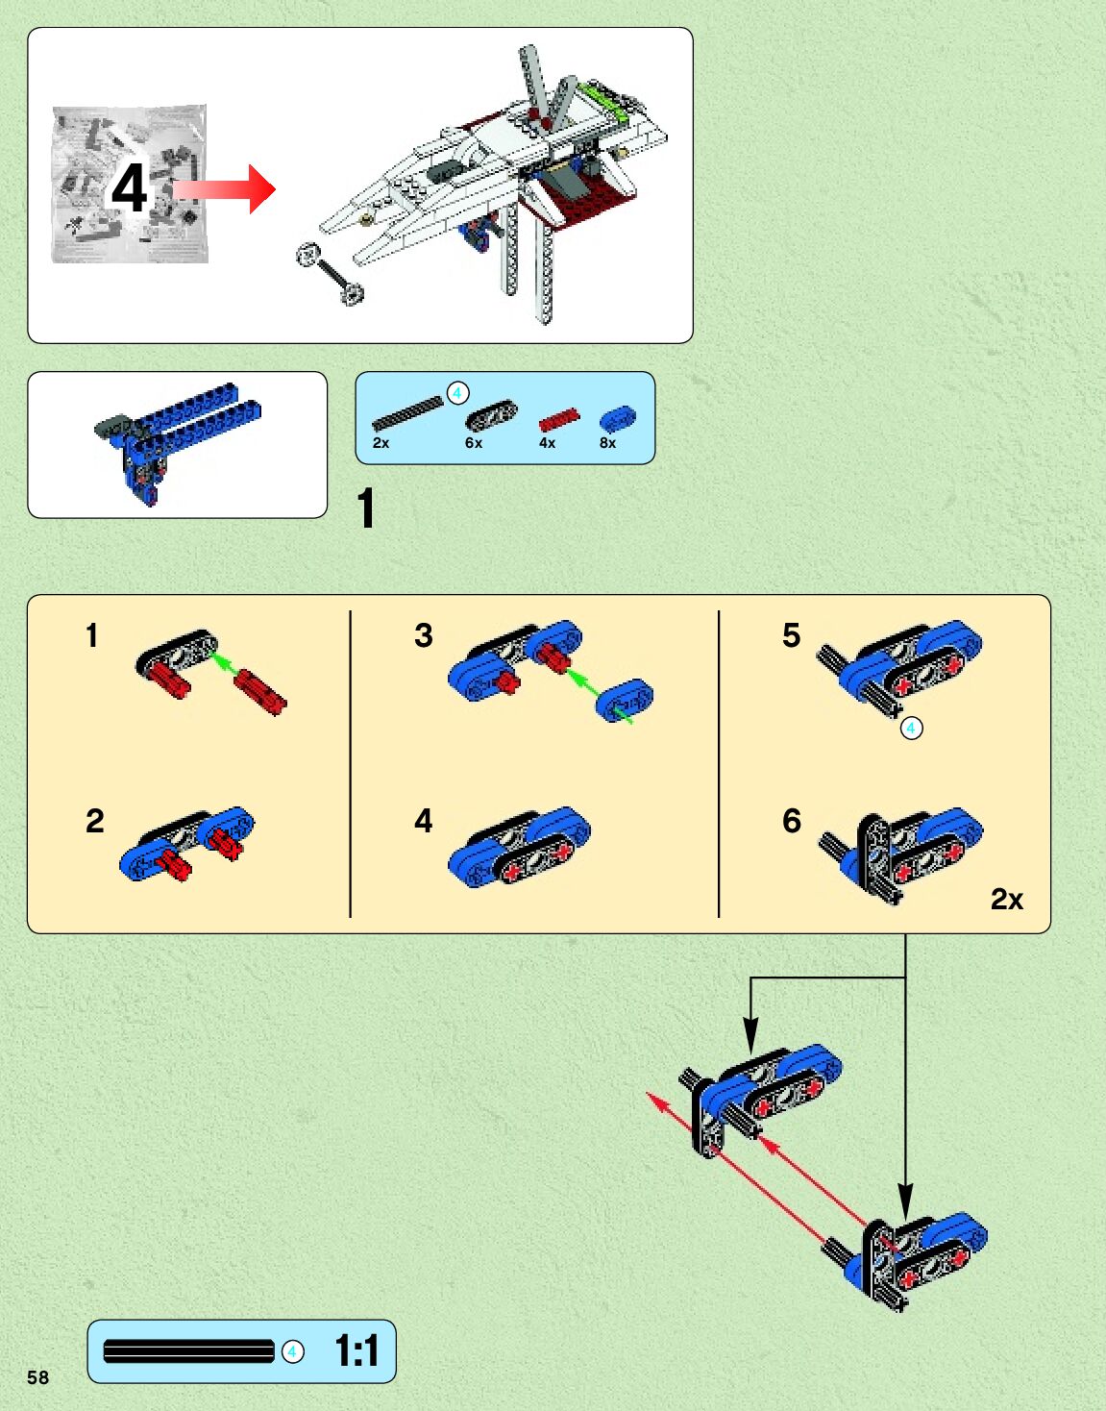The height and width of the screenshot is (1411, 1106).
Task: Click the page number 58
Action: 37,1376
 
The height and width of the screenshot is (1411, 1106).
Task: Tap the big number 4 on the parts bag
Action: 129,188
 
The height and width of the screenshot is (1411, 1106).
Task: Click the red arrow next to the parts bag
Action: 227,188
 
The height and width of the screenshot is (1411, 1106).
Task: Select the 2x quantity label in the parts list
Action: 381,443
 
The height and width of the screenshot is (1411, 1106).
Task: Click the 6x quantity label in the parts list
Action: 473,443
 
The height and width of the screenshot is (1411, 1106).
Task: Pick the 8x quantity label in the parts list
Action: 607,443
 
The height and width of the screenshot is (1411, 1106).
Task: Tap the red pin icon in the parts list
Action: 558,420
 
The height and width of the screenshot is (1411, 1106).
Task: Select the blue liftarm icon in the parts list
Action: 617,418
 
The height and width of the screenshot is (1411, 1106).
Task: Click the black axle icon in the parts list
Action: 407,413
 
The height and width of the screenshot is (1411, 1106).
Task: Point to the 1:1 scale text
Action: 356,1350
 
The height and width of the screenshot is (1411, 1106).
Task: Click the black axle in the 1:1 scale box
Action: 188,1351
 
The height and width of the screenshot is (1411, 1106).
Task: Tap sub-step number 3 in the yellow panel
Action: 423,635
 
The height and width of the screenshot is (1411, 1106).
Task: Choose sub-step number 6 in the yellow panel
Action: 791,821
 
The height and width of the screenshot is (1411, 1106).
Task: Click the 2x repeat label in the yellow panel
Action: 1006,899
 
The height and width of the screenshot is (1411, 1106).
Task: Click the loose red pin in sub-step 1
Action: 260,691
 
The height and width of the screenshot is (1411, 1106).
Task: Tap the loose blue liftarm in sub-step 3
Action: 625,699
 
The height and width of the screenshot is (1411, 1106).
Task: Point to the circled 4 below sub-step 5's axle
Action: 911,729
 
